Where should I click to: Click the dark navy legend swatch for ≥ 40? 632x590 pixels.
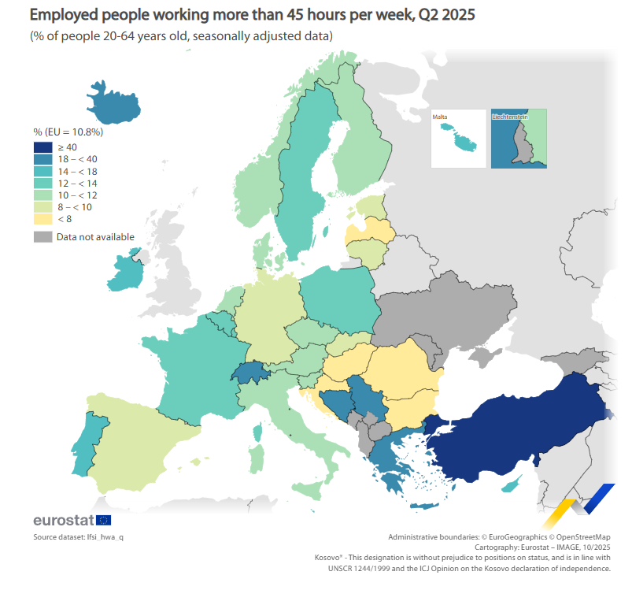pos(43,147)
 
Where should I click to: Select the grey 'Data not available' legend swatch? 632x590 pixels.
pos(43,236)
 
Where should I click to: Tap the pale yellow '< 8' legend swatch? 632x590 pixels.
pos(43,218)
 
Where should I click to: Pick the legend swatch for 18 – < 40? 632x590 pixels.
pos(43,159)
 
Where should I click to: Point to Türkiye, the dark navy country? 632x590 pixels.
pos(512,429)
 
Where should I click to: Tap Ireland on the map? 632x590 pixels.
pos(124,272)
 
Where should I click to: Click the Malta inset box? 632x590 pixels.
pos(459,138)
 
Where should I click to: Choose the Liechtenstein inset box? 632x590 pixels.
pos(518,138)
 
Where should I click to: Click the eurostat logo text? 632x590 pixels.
pos(63,520)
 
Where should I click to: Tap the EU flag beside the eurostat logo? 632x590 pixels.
pos(103,520)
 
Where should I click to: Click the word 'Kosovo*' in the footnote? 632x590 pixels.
pos(329,557)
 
